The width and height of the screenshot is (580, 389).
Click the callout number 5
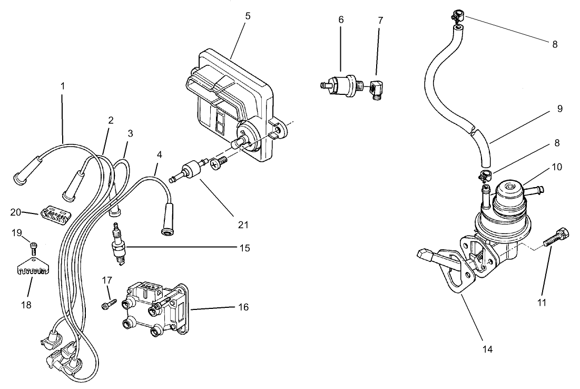[x=247, y=16]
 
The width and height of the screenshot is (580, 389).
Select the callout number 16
[x=243, y=307]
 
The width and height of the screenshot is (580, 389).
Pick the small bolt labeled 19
[x=33, y=246]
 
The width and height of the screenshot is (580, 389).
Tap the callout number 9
[x=559, y=109]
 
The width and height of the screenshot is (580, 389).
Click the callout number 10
[x=557, y=167]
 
